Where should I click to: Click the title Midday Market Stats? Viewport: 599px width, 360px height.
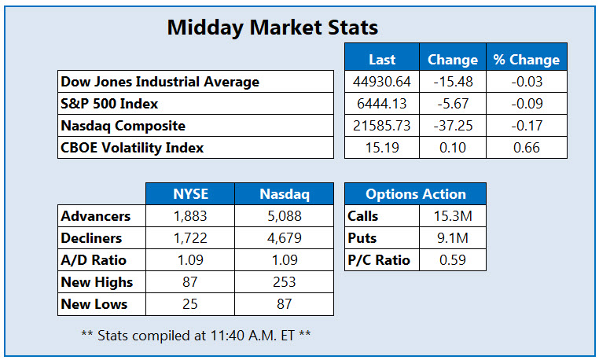pos(273,28)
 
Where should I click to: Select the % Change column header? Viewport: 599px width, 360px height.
pos(526,60)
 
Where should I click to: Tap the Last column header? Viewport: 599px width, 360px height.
pos(382,60)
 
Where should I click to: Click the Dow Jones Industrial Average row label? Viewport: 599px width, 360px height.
pos(160,82)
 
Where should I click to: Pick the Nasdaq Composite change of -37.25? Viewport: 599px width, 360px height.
pos(452,125)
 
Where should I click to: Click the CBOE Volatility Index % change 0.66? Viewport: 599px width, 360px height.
pos(526,147)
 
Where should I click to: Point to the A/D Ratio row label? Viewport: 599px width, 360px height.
pos(93,260)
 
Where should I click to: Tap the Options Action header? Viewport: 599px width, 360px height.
pos(415,194)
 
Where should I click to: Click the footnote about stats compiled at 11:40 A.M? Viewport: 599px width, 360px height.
pos(196,335)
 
